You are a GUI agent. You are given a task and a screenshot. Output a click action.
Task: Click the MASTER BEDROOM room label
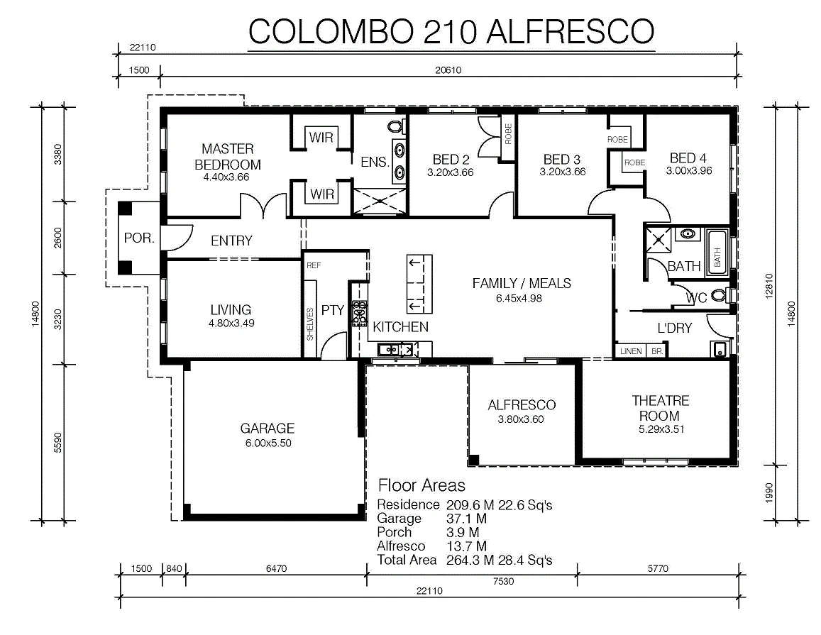coord(228,157)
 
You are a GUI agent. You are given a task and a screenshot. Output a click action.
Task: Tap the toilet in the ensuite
coord(396,126)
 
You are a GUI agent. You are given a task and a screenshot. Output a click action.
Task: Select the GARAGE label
coord(268,429)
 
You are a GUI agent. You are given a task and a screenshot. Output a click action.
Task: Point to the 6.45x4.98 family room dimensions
coord(519,299)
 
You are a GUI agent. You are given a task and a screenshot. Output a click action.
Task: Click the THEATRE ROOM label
coord(660,409)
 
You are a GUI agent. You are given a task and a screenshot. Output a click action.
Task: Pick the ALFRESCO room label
coord(522,404)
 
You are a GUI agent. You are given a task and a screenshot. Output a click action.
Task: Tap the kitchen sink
coord(395,349)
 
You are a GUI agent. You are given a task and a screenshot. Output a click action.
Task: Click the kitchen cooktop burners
coord(359,314)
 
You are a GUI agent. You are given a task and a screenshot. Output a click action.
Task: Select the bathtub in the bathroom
coord(717,250)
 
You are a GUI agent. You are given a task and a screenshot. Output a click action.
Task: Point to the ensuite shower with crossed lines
coord(380,201)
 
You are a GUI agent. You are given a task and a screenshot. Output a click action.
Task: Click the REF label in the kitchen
coord(314,265)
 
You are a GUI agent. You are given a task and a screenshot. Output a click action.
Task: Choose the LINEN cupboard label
coord(631,351)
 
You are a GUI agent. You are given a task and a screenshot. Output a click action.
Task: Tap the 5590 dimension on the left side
coord(57,443)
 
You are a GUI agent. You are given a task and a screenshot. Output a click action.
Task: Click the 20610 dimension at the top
coord(448,70)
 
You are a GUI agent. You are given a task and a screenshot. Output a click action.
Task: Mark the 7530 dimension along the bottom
coord(503,581)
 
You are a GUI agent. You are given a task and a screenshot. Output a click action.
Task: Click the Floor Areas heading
coord(421,485)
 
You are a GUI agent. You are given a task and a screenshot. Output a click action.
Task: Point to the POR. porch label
coord(139,238)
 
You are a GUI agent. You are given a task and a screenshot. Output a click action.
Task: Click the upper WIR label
coord(321,138)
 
